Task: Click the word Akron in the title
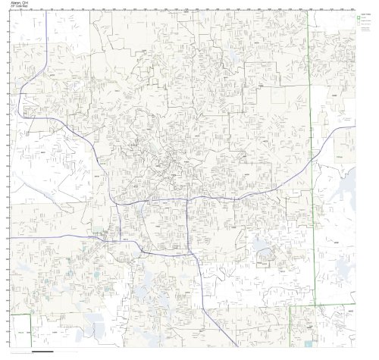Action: point(14,3)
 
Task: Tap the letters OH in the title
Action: point(25,3)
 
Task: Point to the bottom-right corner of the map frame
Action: point(356,349)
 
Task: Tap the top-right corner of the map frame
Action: point(356,11)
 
